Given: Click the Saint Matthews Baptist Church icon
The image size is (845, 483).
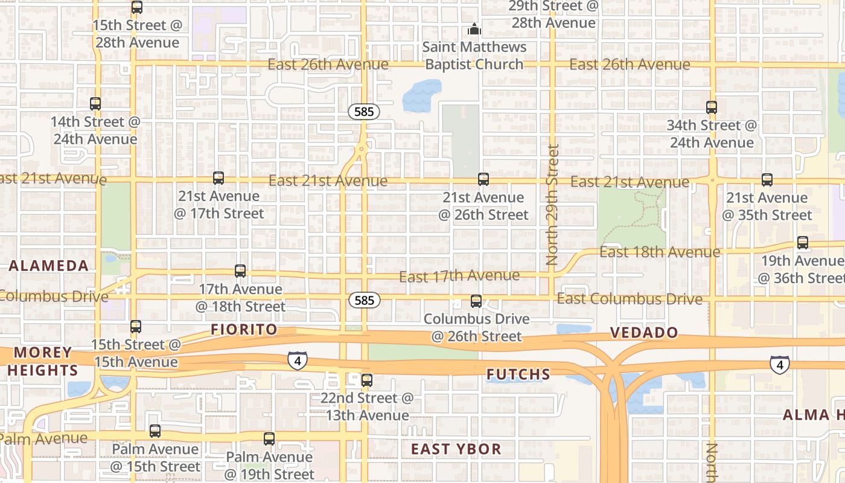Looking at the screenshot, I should pos(474,29).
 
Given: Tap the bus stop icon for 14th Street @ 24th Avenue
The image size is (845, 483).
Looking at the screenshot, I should pos(95,104).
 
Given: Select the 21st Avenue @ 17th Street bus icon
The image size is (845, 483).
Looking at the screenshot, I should pos(218,178).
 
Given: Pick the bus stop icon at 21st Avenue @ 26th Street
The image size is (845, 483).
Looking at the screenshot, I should pos(483,179).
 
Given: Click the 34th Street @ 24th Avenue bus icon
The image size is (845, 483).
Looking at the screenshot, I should pos(712,107).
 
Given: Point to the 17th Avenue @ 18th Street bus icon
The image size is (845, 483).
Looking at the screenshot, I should pos(240,271).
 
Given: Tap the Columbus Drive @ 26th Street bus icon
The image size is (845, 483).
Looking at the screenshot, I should pos(476,301).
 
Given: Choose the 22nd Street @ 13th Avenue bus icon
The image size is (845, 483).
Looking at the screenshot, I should pos(366,380).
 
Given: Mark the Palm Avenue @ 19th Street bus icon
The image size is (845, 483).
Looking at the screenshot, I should pos(269,439).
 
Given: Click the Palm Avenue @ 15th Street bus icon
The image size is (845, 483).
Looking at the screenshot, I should pos(155,431).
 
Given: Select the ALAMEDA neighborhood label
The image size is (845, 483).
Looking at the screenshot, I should pos(49,266).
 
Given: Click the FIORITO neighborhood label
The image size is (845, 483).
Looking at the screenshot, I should pos(244,330).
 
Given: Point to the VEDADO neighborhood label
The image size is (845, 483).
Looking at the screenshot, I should pos(644,333).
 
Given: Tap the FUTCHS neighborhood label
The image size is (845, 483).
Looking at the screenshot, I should pos(518,375).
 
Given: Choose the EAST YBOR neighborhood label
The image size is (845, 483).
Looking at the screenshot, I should pos(456,449).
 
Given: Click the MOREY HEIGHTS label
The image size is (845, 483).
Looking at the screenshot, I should pos(42,361).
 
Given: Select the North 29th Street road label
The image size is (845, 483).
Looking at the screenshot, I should pos(552,204).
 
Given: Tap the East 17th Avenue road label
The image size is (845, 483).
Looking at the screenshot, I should pos(459,277).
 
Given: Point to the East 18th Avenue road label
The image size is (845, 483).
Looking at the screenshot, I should pos(660,252).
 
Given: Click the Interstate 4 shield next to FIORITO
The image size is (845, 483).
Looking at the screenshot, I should pos(297,361).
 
